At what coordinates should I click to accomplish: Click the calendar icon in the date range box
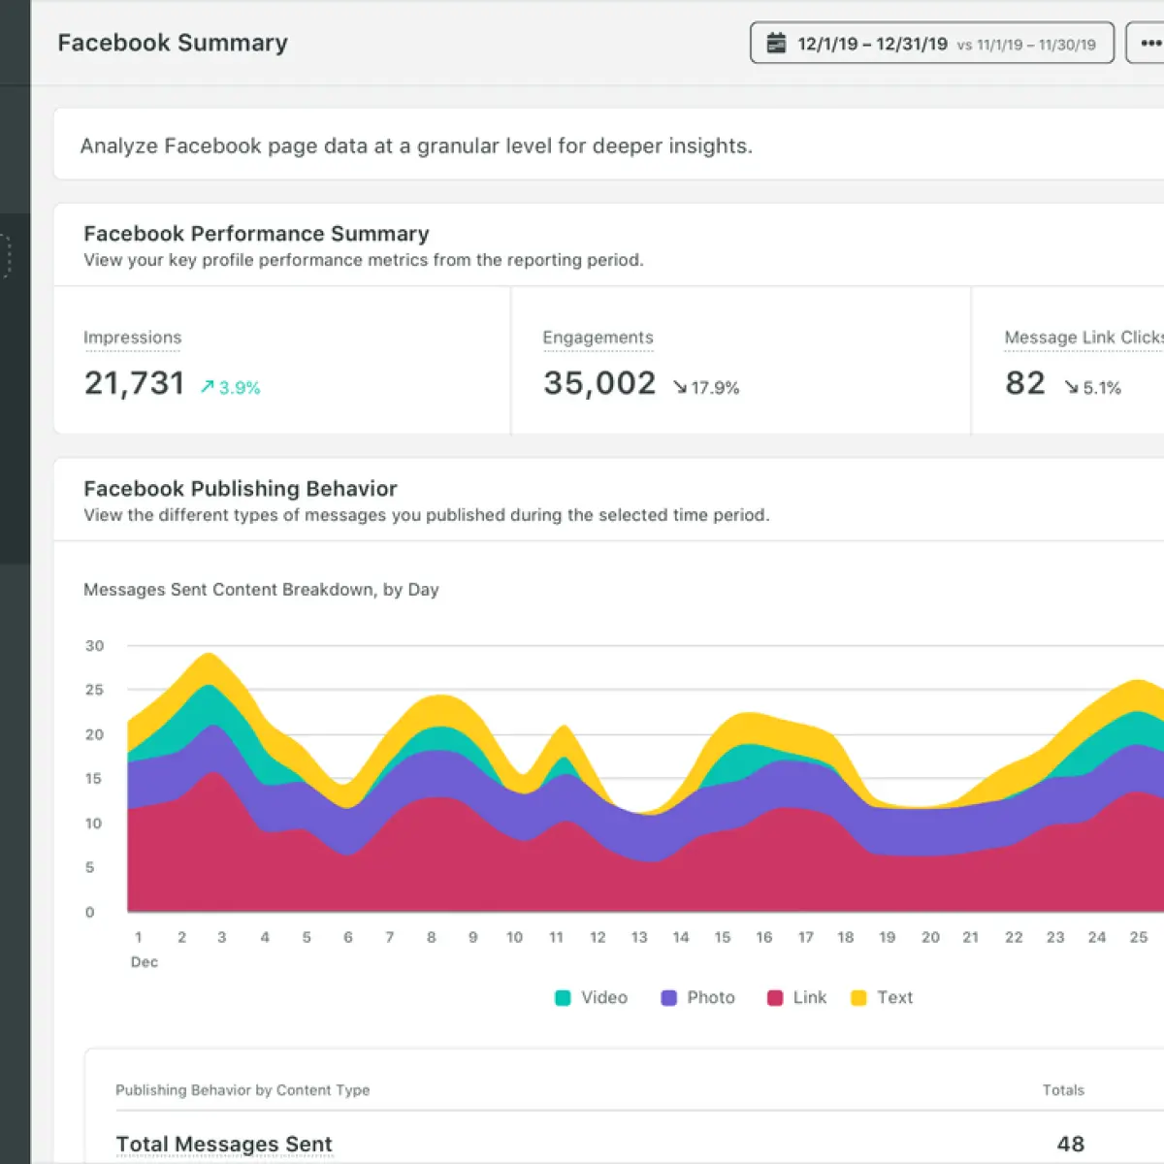tap(776, 43)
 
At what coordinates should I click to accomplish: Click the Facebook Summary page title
tap(173, 43)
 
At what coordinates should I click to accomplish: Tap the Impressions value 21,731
tap(134, 383)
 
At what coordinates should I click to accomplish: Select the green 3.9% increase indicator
tap(230, 387)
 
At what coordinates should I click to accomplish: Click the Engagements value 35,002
tap(599, 383)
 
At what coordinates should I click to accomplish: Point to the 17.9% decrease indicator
tap(706, 387)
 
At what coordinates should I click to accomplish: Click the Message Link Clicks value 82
tap(1025, 383)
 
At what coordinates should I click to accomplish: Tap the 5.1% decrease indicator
tap(1093, 387)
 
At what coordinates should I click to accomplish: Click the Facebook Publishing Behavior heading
tap(241, 488)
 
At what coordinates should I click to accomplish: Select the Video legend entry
tap(592, 997)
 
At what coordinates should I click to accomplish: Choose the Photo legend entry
tap(697, 997)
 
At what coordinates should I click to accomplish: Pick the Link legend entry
tap(796, 997)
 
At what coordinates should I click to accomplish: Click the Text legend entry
tap(882, 997)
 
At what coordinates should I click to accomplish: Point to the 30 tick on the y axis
tap(94, 646)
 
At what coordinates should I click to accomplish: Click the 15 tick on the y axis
tap(94, 779)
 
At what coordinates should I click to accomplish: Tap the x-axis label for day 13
tap(639, 937)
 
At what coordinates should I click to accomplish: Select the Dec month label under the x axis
tap(145, 961)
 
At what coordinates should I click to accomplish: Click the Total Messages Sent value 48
tap(1070, 1144)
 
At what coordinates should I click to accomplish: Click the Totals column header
tap(1063, 1089)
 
